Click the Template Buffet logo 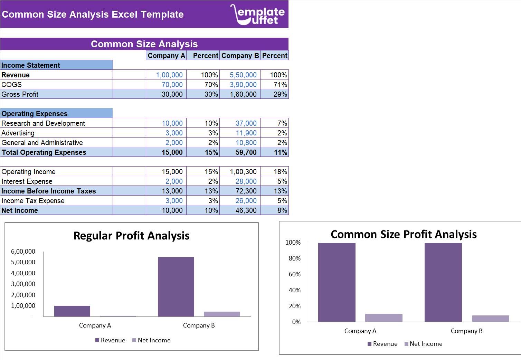pyautogui.click(x=258, y=15)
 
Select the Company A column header pyautogui.click(x=166, y=56)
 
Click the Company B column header pyautogui.click(x=240, y=56)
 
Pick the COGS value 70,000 pyautogui.click(x=172, y=85)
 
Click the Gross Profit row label pyautogui.click(x=20, y=94)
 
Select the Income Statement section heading pyautogui.click(x=31, y=65)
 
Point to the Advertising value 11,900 pyautogui.click(x=246, y=133)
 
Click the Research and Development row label pyautogui.click(x=43, y=123)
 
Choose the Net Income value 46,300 pyautogui.click(x=246, y=210)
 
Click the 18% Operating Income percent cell pyautogui.click(x=280, y=172)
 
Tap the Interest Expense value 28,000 pyautogui.click(x=246, y=181)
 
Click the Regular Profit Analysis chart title pyautogui.click(x=131, y=236)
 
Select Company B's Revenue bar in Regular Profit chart pyautogui.click(x=176, y=286)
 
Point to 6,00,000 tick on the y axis pyautogui.click(x=23, y=252)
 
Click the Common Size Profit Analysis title pyautogui.click(x=404, y=234)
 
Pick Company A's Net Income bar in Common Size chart pyautogui.click(x=383, y=318)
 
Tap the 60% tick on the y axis pyautogui.click(x=294, y=274)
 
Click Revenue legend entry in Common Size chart pyautogui.click(x=382, y=344)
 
